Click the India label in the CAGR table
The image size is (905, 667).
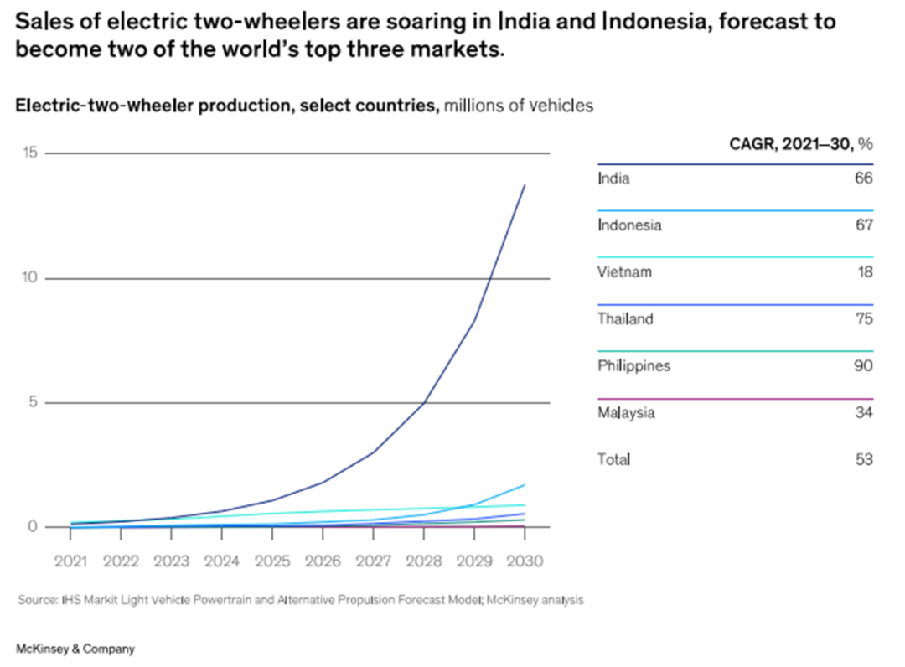[x=613, y=178]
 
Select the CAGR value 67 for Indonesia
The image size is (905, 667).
[x=864, y=225]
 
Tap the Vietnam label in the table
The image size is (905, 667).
[x=624, y=272]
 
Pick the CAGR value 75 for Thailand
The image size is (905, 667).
[x=864, y=319]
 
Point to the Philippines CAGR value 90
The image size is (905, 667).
[x=864, y=366]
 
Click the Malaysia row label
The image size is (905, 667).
[x=626, y=413]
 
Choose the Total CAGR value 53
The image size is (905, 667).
[x=864, y=459]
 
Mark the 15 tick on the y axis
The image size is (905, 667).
[x=31, y=153]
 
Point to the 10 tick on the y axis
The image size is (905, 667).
[x=31, y=278]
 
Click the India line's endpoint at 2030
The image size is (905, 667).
[x=525, y=185]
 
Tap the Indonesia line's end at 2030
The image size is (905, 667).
[x=525, y=484]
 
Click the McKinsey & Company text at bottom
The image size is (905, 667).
[x=75, y=649]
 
